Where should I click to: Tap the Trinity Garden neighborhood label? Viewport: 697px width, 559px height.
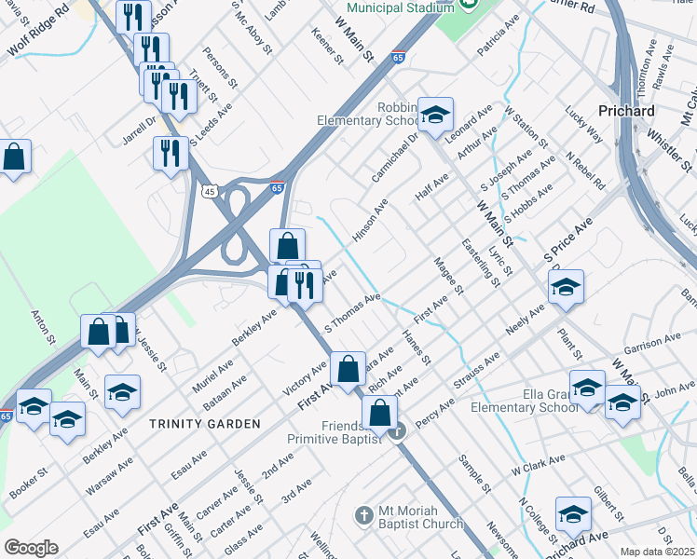(x=205, y=424)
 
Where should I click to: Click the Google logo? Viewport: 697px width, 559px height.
(x=31, y=548)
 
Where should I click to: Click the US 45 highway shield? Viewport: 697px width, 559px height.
(x=209, y=191)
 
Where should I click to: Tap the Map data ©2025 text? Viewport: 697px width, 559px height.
(x=658, y=552)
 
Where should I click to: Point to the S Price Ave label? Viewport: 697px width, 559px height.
(x=569, y=239)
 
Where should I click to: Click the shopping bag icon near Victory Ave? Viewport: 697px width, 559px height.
(x=348, y=368)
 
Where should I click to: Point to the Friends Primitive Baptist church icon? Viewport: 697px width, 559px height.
(x=397, y=431)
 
